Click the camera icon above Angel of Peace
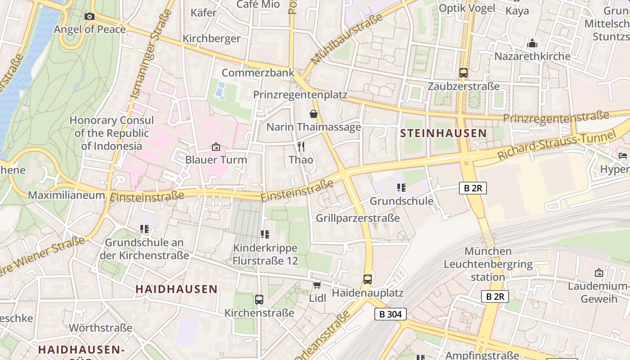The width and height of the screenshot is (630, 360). [x=90, y=17]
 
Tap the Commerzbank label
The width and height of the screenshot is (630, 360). [x=258, y=73]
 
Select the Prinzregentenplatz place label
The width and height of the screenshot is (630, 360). [x=300, y=95]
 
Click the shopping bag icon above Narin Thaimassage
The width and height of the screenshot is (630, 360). [x=313, y=114]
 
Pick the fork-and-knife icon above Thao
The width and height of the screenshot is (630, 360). [x=301, y=147]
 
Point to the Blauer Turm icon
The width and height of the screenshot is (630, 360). [x=216, y=147]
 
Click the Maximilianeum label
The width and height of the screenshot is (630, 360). [x=66, y=195]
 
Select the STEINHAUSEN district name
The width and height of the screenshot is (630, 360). [x=443, y=133]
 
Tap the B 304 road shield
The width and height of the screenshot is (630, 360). [x=390, y=314]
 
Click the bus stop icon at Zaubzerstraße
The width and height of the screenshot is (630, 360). [x=463, y=73]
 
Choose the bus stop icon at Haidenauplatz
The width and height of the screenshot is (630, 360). [x=368, y=279]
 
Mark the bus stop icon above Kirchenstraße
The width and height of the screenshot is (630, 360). [x=259, y=300]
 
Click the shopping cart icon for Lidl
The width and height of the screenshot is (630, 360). [x=317, y=285]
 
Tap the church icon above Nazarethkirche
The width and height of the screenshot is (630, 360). [x=532, y=44]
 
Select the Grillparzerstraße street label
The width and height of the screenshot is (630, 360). [x=358, y=218]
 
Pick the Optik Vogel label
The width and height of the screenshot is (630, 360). [x=467, y=8]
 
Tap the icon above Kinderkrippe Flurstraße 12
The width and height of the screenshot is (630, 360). [x=265, y=234]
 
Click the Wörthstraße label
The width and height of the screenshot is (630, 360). [x=100, y=328]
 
